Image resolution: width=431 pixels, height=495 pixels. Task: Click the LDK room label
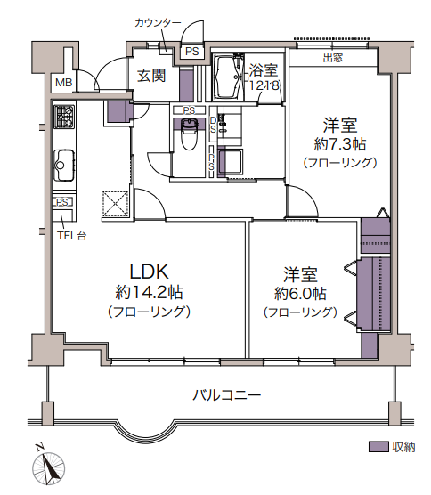point(150,272)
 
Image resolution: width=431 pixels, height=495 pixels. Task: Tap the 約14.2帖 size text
point(149,293)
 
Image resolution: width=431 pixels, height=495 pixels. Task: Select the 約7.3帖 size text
point(340,144)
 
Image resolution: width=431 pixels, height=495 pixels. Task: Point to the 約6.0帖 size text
point(300,294)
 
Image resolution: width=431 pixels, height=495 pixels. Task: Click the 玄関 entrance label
point(151,76)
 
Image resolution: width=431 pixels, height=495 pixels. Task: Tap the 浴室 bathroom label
point(264,70)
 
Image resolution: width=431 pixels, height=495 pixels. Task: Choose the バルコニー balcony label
point(227,395)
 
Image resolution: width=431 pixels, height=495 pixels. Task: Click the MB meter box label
point(64,83)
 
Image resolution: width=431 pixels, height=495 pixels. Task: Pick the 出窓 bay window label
point(333,58)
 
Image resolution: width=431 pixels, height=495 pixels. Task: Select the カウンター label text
point(158,23)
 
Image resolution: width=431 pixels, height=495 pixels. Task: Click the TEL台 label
point(71,236)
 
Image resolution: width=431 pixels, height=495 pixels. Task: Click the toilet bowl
point(189,135)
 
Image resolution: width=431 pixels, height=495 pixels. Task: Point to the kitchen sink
point(64,165)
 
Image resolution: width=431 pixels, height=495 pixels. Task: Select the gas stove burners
point(64,117)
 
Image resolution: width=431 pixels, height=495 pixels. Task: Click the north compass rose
point(48,468)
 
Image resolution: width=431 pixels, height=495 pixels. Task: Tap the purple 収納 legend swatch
point(378,447)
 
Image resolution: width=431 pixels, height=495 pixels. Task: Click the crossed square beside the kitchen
point(115,204)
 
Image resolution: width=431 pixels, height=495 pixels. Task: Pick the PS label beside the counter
point(192,51)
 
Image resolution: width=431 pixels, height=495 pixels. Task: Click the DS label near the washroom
point(213,125)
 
